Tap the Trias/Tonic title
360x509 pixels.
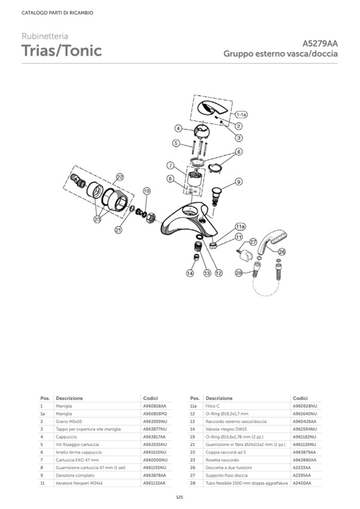click(62, 51)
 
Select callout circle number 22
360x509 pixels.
click(120, 177)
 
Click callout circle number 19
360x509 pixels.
click(147, 191)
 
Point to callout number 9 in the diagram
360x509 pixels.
click(238, 182)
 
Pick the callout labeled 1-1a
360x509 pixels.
click(242, 114)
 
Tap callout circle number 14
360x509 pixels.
click(190, 273)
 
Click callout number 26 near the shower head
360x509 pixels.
click(281, 252)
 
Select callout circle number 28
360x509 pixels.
click(238, 273)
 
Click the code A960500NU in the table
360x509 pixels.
click(155, 459)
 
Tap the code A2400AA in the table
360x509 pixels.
click(302, 483)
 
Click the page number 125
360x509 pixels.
click(179, 497)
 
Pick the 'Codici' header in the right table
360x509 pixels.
click(300, 398)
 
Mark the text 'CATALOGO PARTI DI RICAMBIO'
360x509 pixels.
click(57, 13)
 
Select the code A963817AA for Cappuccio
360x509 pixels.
click(155, 436)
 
